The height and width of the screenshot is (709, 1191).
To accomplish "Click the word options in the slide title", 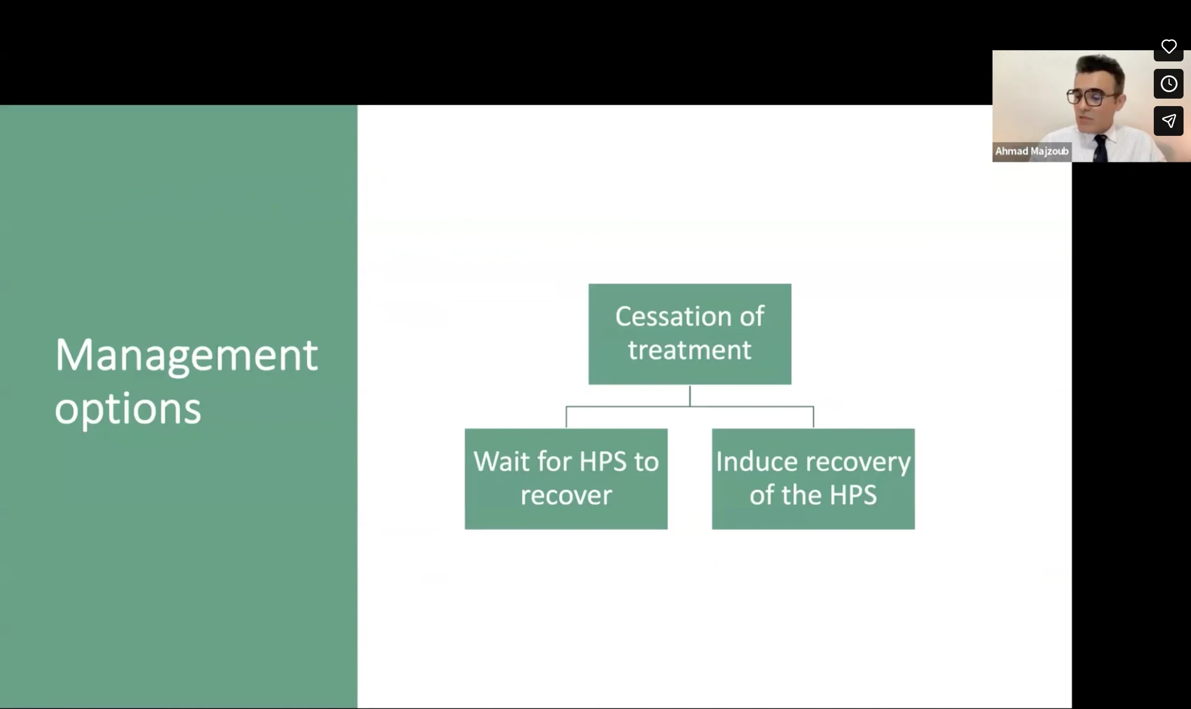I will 127,409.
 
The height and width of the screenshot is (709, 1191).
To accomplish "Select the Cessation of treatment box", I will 689,334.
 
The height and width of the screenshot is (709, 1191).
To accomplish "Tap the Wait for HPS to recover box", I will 566,479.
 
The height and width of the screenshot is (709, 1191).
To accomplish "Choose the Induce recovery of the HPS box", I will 813,479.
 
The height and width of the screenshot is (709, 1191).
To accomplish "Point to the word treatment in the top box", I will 689,350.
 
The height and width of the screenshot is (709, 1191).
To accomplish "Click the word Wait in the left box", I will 501,462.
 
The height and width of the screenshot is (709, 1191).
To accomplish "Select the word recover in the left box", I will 566,495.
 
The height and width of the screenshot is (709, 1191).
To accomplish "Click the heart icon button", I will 1169,47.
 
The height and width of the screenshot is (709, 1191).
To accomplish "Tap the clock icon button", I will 1169,84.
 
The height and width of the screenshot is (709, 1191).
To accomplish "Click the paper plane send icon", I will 1169,121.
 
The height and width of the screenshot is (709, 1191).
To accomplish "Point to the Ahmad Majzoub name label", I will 1031,152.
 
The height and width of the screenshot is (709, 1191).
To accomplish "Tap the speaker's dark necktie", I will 1100,148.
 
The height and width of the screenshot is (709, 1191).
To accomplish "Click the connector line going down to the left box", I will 566,417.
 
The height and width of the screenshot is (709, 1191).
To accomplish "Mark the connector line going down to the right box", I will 813,417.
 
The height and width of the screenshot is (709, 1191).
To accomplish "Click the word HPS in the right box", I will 853,495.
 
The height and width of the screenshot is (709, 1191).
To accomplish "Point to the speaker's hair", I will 1099,67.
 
